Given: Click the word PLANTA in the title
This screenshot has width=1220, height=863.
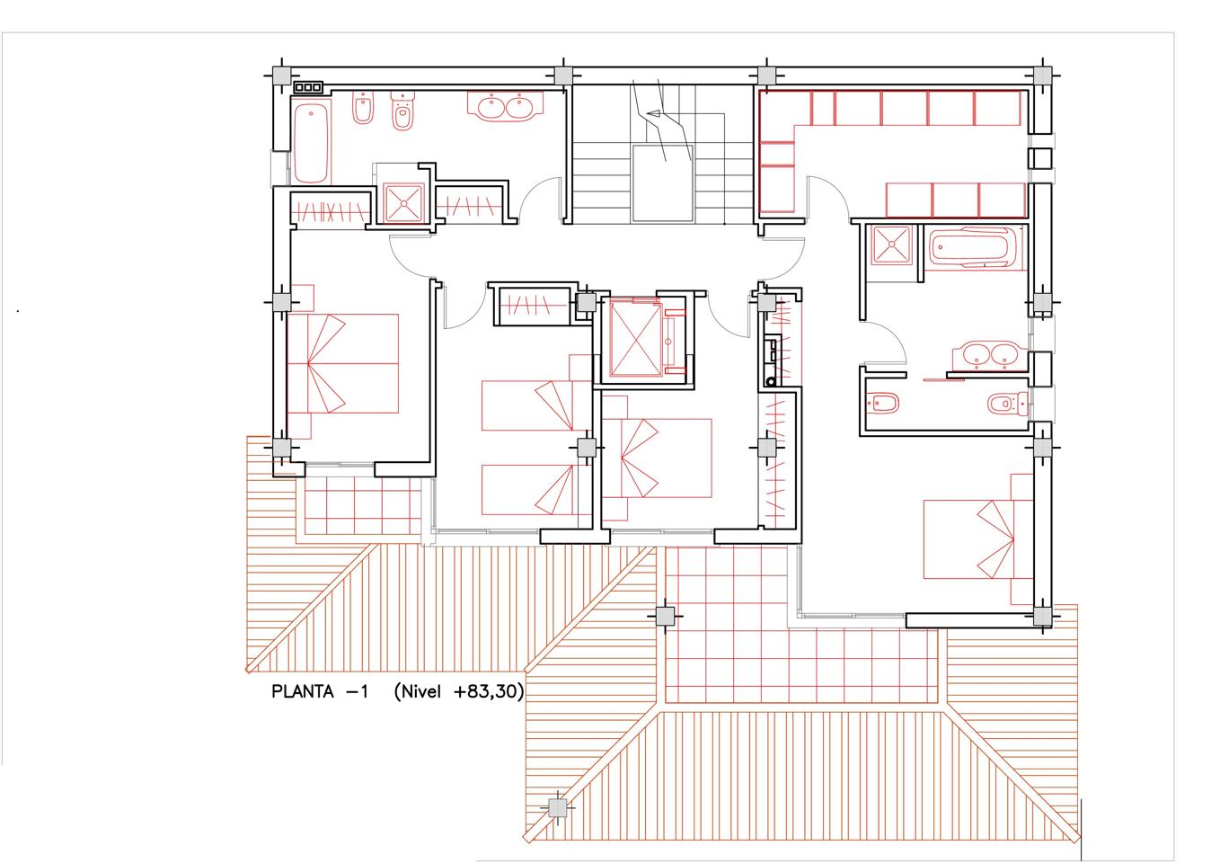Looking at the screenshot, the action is coord(302,692).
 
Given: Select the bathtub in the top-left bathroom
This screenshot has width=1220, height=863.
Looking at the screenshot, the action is coord(311,143).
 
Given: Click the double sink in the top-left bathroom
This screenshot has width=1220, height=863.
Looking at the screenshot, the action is coord(505,105).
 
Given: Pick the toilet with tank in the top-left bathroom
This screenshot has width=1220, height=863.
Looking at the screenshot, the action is coord(402,111).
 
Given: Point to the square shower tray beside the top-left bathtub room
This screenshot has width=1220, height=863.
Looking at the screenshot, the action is coord(403,203).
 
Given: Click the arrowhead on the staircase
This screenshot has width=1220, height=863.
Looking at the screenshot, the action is coord(653,114).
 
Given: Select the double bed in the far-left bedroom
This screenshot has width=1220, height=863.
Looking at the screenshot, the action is coord(342,363).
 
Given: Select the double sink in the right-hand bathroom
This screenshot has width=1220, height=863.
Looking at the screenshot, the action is coord(990,356).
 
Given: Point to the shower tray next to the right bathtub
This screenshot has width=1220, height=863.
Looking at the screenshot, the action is coord(891,245).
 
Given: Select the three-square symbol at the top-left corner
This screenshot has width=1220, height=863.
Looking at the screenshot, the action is coord(308,86).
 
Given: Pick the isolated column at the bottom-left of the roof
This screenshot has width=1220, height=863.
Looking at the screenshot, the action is coord(557,807).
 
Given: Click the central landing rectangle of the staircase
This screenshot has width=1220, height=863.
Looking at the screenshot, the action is coord(662,183).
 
